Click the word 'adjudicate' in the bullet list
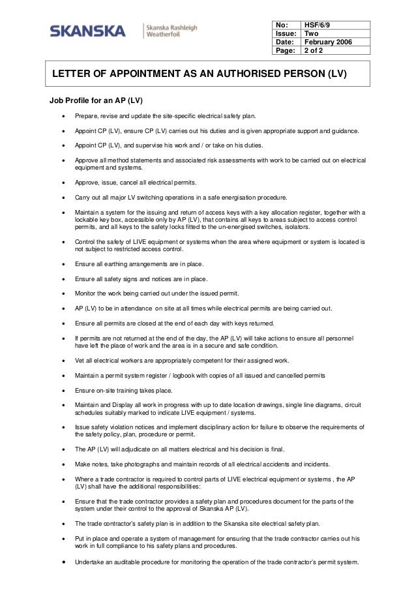click(x=136, y=450)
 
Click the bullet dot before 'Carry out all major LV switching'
click(x=63, y=198)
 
